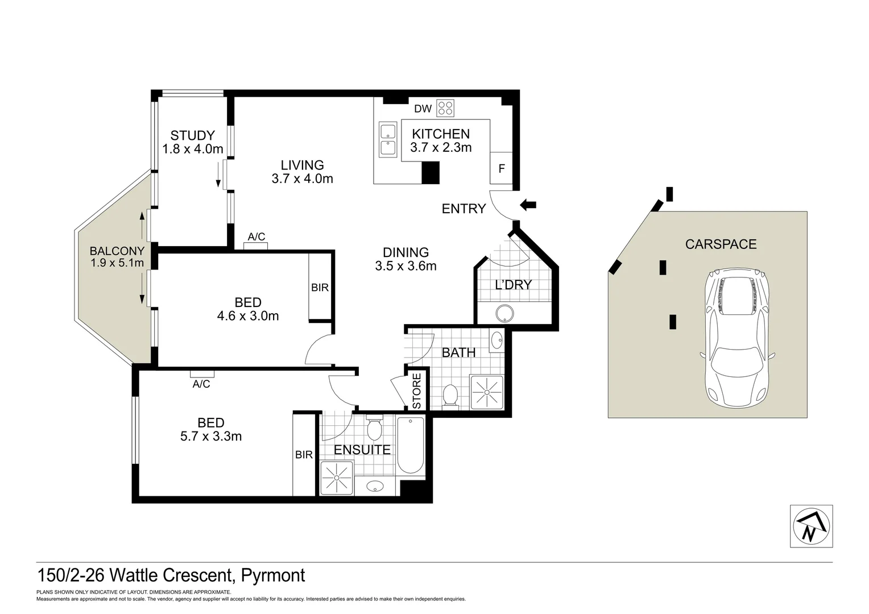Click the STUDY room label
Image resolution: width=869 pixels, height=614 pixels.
(x=192, y=135)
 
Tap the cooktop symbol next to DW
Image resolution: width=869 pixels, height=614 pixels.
(x=445, y=108)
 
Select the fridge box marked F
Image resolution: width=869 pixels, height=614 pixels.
(x=501, y=169)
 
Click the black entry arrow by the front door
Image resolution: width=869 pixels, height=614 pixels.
(x=528, y=205)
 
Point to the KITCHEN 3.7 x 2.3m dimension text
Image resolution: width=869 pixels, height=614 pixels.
(x=441, y=148)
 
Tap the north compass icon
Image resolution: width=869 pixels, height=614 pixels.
(x=811, y=526)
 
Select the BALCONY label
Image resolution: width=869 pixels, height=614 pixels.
(x=117, y=251)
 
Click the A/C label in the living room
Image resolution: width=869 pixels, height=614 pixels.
(x=256, y=237)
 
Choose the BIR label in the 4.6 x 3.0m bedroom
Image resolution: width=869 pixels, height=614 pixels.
(x=320, y=288)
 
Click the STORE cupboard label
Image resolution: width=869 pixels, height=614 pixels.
(x=416, y=391)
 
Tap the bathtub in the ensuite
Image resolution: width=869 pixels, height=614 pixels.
(x=410, y=445)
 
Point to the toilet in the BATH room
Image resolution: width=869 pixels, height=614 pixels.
(x=450, y=396)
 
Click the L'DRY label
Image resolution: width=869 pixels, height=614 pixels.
(x=512, y=285)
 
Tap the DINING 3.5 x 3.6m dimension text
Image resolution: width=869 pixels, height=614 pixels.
(x=405, y=265)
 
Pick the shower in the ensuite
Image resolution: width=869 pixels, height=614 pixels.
(x=336, y=478)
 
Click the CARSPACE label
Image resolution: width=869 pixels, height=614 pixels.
(x=721, y=244)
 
